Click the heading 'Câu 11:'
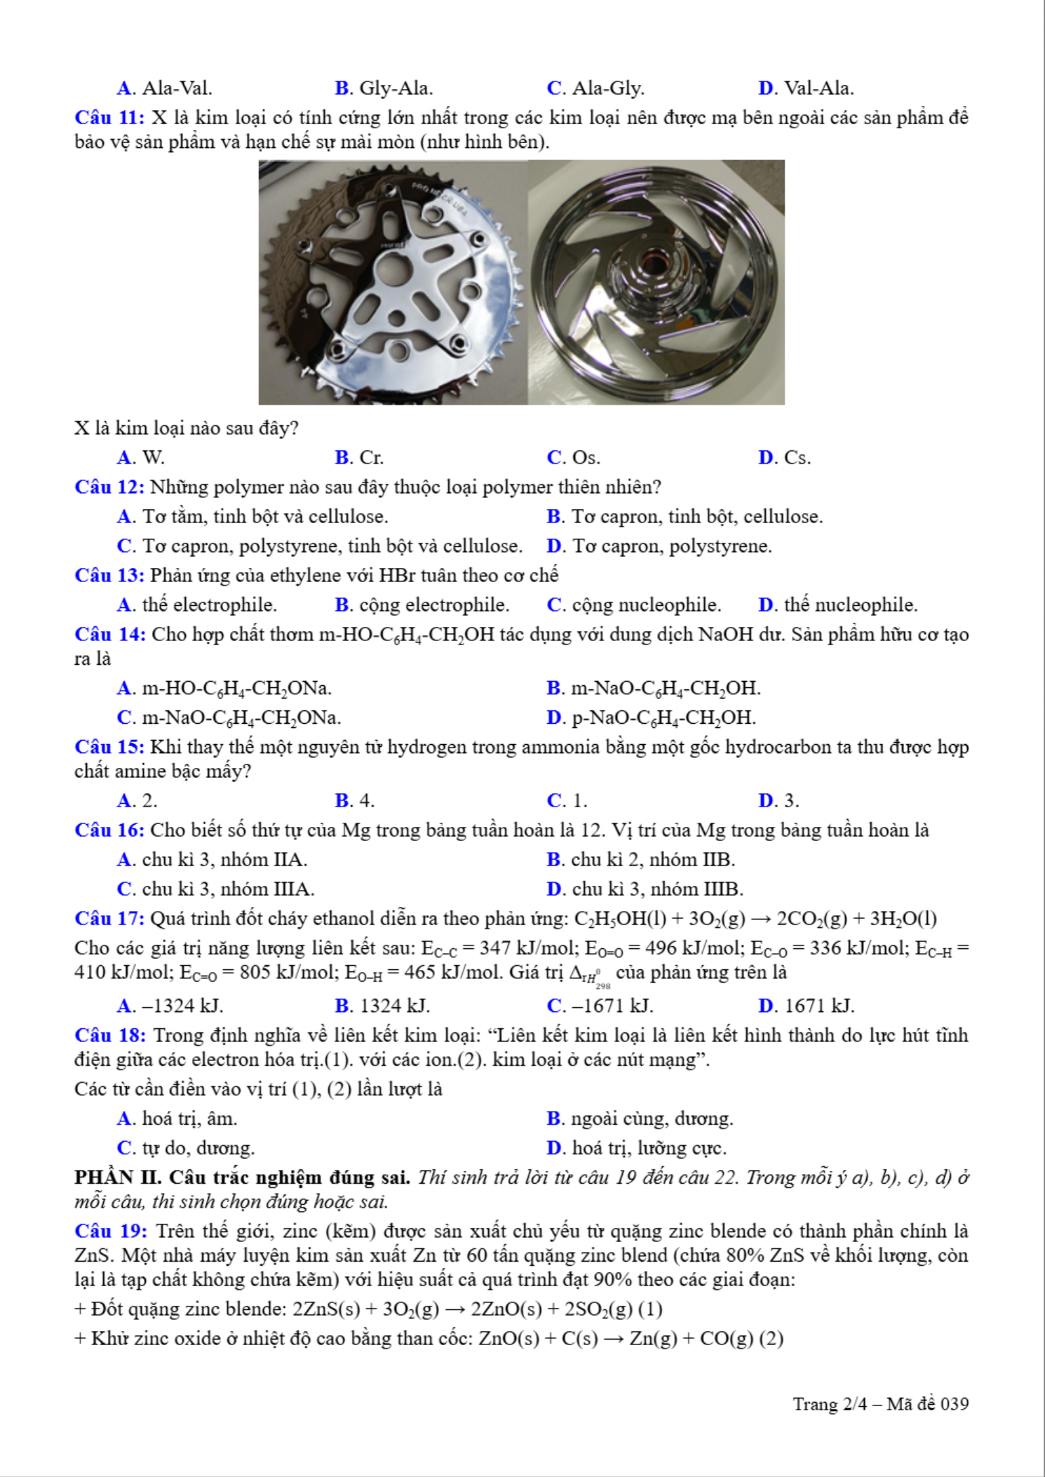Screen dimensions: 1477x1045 (x=109, y=117)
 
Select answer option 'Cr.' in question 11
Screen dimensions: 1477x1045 (x=371, y=458)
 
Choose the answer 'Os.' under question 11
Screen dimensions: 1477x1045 (x=586, y=458)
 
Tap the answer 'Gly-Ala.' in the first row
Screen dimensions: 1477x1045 (x=396, y=88)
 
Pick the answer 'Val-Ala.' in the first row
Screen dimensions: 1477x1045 (x=818, y=88)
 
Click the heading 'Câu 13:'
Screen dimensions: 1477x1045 (x=109, y=575)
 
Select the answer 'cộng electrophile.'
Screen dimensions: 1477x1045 (x=434, y=605)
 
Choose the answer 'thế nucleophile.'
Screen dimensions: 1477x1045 (x=850, y=605)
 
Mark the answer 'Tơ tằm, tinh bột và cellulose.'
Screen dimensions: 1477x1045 (x=265, y=517)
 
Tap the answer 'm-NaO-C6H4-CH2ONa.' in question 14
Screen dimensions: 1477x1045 (x=241, y=717)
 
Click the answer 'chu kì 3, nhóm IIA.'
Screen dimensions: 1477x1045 (x=224, y=859)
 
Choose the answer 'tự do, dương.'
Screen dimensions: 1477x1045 (x=198, y=1148)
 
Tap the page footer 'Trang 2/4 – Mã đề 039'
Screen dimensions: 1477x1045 (x=880, y=1404)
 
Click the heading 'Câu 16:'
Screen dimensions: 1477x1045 (x=109, y=830)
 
